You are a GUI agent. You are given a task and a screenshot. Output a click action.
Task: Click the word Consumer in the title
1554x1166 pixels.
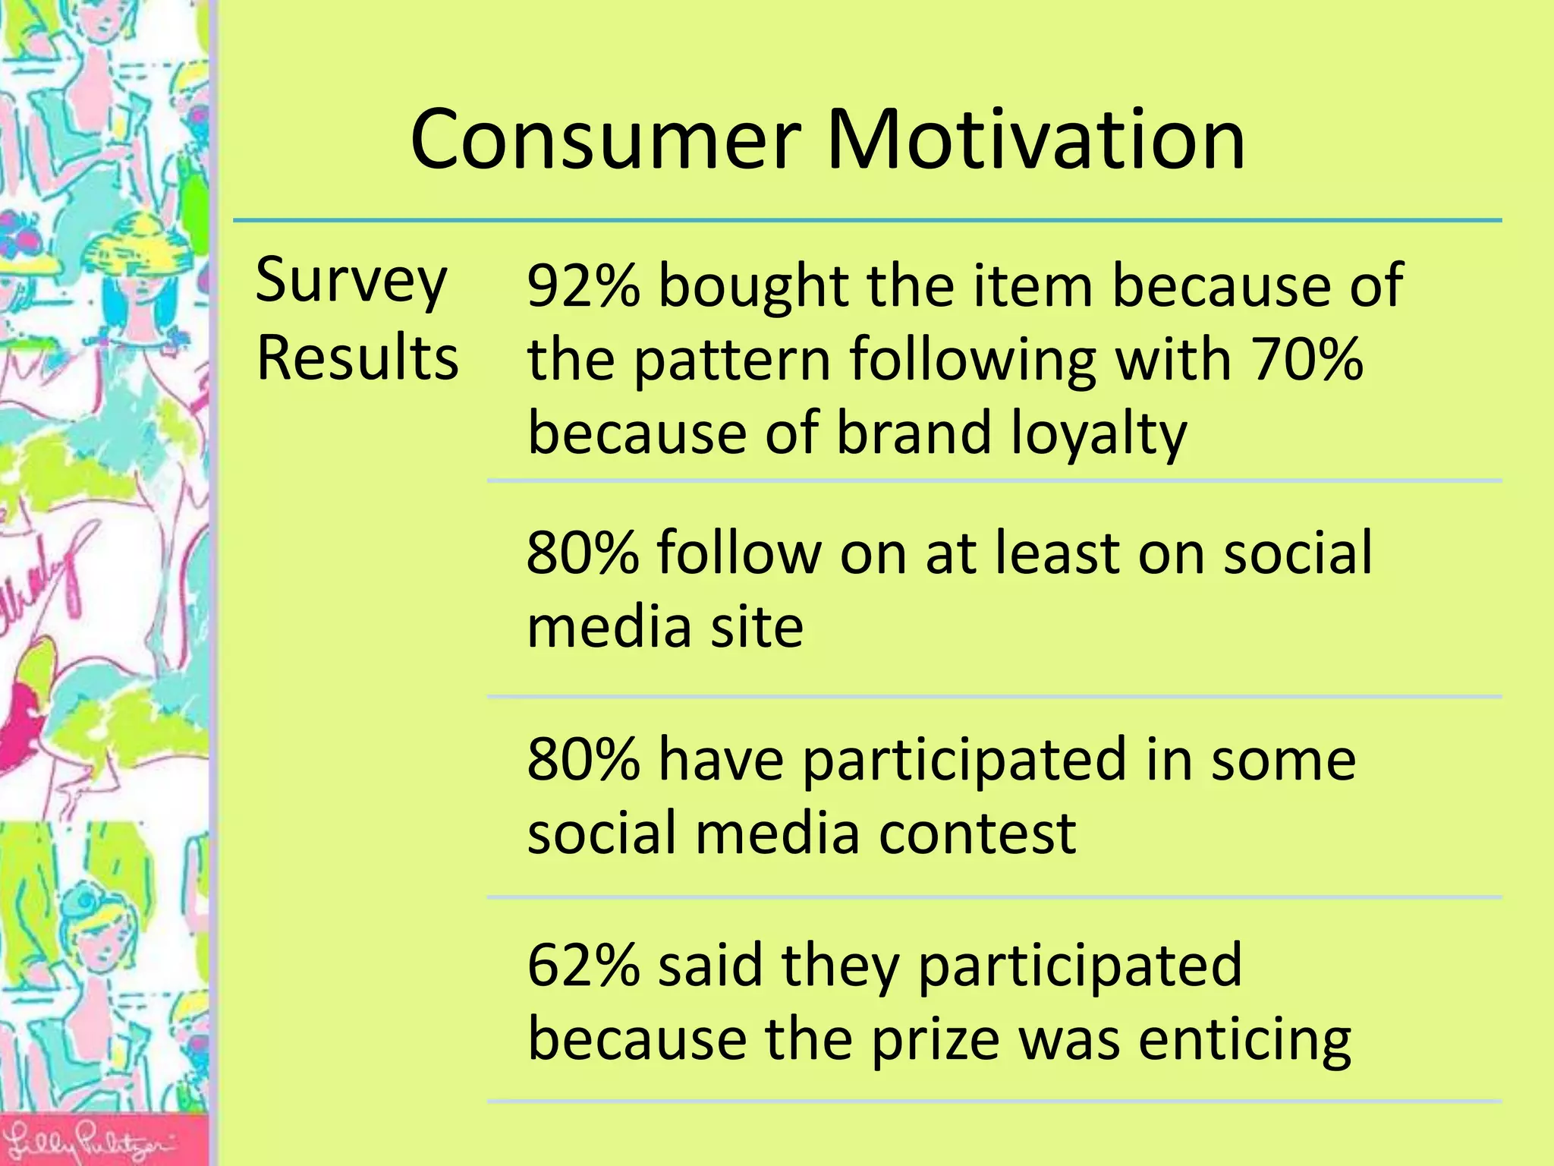(605, 140)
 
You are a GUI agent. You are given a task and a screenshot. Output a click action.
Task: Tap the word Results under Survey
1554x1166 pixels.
(357, 358)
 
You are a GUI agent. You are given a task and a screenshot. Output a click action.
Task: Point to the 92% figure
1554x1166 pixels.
(583, 286)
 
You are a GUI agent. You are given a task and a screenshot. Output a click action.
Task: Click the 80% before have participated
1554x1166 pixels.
(583, 759)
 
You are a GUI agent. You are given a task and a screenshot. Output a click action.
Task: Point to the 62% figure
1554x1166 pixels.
(583, 966)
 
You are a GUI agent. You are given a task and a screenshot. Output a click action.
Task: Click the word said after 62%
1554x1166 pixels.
(709, 966)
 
